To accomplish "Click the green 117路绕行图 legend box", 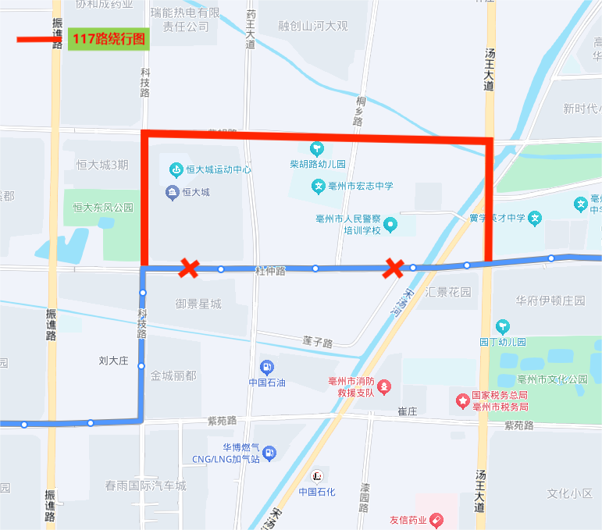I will point(109,38).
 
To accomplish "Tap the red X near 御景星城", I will point(188,269).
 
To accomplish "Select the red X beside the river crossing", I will point(394,269).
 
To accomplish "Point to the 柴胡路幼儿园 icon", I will point(317,148).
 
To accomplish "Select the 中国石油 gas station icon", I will point(267,367).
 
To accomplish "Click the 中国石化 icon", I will point(317,475).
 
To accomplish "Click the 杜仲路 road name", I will point(270,270).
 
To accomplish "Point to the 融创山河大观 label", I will point(312,26).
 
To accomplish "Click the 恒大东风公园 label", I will point(103,208).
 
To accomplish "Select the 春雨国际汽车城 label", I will point(146,486).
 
